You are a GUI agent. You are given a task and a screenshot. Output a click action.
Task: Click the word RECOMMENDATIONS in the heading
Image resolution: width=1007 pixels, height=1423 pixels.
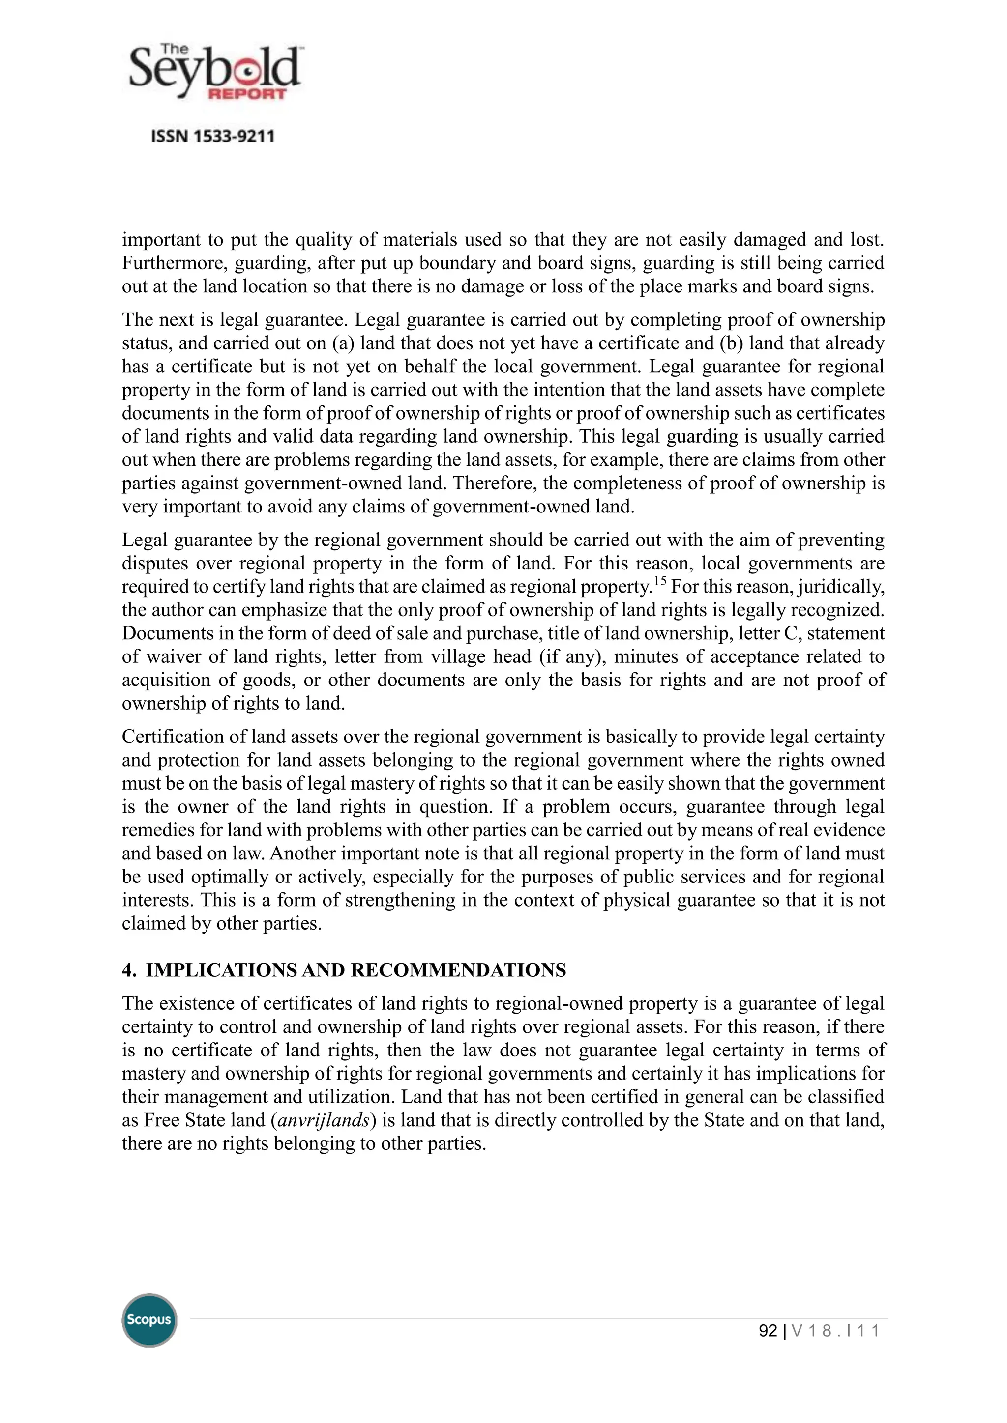coord(458,970)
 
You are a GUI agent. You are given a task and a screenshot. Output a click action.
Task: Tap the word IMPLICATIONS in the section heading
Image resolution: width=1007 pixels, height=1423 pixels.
coord(221,970)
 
